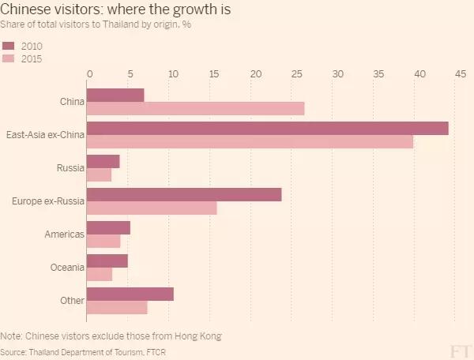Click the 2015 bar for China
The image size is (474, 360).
pos(195,108)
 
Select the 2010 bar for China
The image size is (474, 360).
pos(115,95)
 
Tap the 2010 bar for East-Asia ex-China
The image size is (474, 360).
pos(267,128)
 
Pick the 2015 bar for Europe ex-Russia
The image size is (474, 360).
pos(151,208)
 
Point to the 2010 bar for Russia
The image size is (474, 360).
pos(103,161)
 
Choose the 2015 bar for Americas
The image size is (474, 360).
pos(103,241)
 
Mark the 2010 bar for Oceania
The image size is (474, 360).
pos(107,261)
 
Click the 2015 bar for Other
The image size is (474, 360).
pos(117,307)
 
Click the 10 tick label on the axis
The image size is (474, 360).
pos(171,73)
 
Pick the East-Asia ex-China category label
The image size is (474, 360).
pos(44,135)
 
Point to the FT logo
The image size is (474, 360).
pos(460,350)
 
